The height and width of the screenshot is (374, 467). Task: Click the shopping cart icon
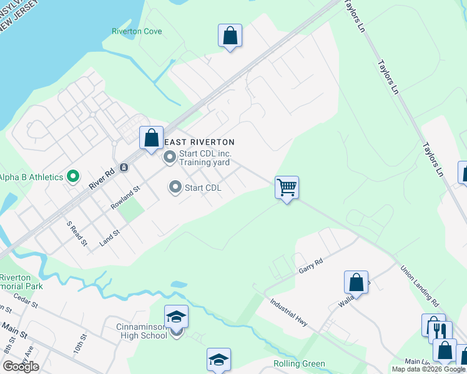coord(287,187)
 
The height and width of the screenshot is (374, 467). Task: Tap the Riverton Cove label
coord(137,31)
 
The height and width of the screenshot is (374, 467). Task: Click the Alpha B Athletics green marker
coord(73,177)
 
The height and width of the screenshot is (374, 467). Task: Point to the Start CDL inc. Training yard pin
coord(169,158)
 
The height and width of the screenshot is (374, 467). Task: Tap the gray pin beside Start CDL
coord(175,187)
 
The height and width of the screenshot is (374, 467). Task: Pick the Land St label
coord(107,238)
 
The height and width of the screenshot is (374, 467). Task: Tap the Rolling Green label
coord(299,363)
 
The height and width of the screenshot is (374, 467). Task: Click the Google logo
coord(21,366)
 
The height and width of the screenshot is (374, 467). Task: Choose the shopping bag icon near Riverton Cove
coord(230,36)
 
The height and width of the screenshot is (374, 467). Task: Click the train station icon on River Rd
coord(124,167)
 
